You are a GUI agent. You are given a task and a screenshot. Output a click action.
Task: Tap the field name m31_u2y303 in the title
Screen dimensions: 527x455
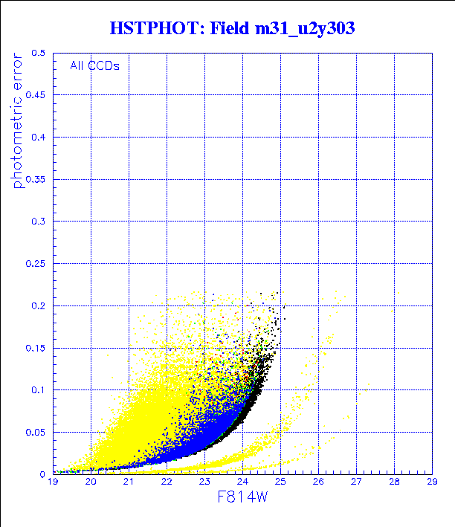(296, 29)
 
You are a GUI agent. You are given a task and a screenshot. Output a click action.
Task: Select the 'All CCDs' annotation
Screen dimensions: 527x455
(94, 65)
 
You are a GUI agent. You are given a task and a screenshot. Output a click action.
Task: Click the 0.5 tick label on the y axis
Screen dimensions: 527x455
(38, 54)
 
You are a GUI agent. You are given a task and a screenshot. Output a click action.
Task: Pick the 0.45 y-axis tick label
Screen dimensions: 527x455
(36, 95)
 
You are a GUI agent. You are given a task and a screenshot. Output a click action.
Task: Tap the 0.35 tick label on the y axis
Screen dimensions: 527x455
(36, 179)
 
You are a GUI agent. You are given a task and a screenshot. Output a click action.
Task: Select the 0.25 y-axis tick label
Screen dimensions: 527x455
(36, 263)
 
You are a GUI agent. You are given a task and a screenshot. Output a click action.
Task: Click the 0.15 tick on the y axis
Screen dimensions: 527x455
(36, 347)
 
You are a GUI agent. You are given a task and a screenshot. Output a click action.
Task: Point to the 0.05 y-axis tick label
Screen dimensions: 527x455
(36, 431)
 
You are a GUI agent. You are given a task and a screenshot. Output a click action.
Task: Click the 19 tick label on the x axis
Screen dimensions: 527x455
(53, 482)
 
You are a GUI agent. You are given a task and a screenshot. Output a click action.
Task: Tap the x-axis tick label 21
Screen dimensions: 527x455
(129, 482)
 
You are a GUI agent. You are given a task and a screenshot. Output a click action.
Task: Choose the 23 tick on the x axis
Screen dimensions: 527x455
(204, 482)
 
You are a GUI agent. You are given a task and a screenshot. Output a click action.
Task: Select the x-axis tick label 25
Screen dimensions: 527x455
(280, 482)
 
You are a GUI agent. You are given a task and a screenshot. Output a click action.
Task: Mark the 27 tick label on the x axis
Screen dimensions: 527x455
(356, 482)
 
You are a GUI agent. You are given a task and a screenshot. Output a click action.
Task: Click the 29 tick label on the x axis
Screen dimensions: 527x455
(432, 482)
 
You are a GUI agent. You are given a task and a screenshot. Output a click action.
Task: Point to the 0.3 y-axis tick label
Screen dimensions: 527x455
(38, 222)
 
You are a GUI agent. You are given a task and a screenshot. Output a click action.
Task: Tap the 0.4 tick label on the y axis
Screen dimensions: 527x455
(38, 138)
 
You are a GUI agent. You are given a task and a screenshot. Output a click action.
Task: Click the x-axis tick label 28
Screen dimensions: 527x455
(394, 482)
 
